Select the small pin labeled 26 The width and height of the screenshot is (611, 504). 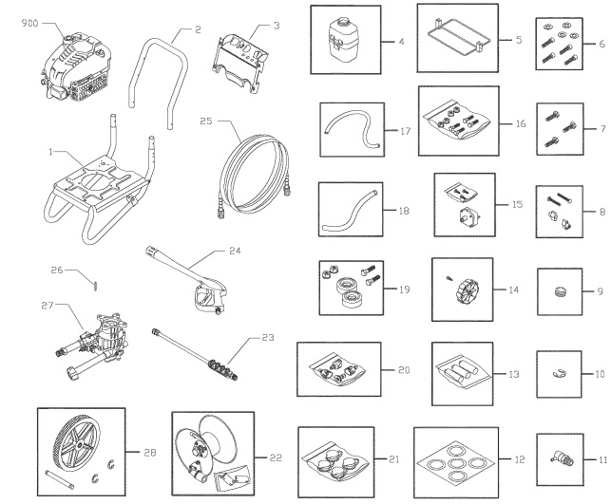(98, 281)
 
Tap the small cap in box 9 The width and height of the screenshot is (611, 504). (559, 289)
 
